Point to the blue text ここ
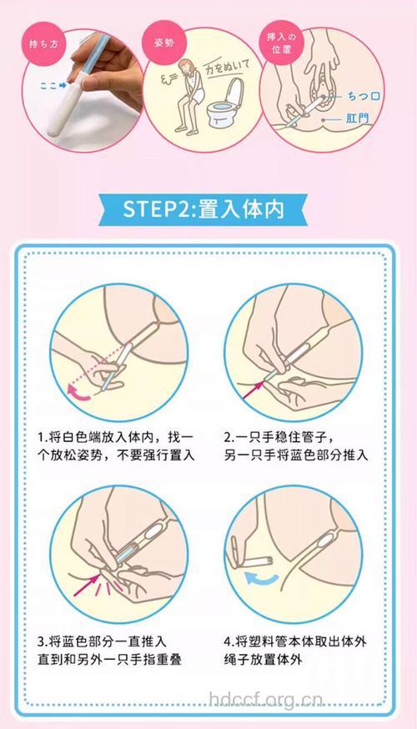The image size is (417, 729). [x=48, y=84]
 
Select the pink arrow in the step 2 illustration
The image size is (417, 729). [x=256, y=385]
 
